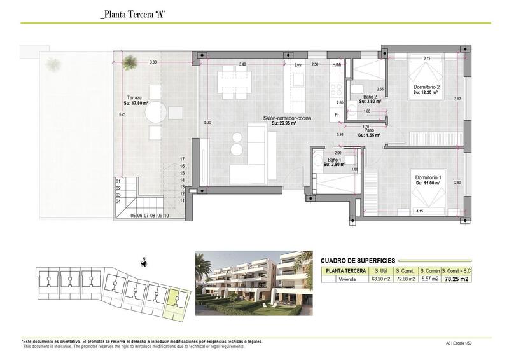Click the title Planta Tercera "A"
pos(132,15)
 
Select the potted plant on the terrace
pos(130,61)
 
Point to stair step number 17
pos(182,159)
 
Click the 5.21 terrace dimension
pos(122,114)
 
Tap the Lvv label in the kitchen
pos(298,65)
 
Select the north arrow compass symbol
pos(144,260)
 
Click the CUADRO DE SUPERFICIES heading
pos(358,261)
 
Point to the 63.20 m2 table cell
pos(380,279)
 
